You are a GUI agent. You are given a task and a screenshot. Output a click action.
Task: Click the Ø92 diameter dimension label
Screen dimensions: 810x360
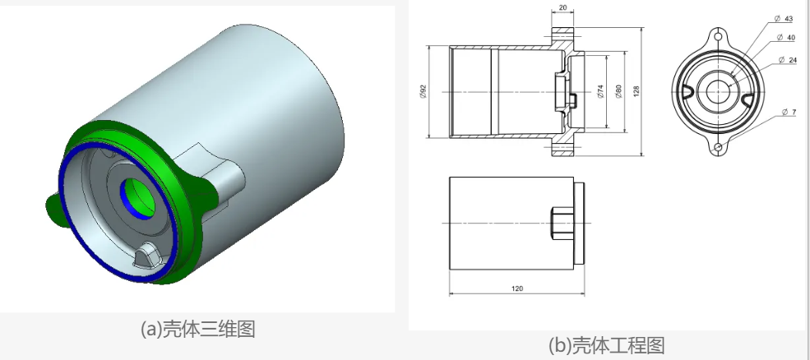coord(423,91)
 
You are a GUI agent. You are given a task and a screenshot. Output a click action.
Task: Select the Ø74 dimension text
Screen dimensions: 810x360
coord(601,91)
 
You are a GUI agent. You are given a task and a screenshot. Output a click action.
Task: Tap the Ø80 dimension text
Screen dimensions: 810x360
coord(619,91)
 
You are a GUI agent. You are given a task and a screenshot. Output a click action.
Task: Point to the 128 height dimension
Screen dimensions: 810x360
coord(636,91)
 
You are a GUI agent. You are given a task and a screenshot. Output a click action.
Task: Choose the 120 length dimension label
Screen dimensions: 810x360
coord(517,288)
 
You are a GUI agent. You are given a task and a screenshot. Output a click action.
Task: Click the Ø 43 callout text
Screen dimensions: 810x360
coord(784,19)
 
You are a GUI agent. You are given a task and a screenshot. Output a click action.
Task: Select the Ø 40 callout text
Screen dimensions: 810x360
coord(787,37)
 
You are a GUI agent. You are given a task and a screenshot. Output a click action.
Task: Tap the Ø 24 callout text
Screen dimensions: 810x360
coord(789,61)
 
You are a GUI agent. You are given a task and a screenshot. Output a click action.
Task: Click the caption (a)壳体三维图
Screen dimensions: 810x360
coord(198,329)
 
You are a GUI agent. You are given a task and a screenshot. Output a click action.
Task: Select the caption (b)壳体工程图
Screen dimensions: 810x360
coord(606,345)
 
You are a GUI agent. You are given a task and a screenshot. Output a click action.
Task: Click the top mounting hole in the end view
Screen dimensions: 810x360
coord(718,36)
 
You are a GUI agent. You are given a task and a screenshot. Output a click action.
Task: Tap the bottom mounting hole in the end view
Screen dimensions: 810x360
coord(718,148)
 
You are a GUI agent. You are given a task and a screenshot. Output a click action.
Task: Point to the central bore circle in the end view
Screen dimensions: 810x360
coord(718,92)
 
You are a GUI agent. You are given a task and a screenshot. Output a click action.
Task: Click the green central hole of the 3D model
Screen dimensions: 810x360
coord(138,198)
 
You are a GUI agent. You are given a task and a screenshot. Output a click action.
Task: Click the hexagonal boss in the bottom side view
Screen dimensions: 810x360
coord(562,223)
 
